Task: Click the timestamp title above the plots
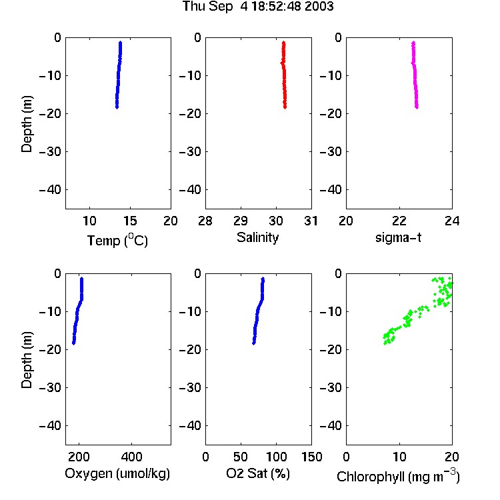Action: [257, 6]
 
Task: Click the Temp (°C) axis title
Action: [117, 240]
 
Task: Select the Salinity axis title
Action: [257, 237]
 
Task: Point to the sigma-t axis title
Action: [398, 237]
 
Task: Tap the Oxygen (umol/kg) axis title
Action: [117, 473]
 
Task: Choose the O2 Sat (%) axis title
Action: [257, 473]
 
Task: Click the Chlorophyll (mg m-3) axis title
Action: [398, 476]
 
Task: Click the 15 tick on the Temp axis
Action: [130, 221]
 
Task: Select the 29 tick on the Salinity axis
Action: [241, 221]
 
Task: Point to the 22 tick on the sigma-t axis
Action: [399, 221]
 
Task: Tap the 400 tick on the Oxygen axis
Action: [132, 457]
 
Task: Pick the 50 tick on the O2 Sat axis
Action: [241, 457]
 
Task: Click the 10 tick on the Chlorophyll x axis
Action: [399, 457]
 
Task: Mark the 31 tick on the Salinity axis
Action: [311, 221]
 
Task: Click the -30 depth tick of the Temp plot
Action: [50, 151]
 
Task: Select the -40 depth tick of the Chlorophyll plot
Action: [331, 425]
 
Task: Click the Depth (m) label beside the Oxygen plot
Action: [27, 360]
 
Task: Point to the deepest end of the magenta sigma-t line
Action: [417, 107]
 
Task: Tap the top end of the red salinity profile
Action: [283, 43]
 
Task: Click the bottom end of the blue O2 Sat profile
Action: [254, 343]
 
